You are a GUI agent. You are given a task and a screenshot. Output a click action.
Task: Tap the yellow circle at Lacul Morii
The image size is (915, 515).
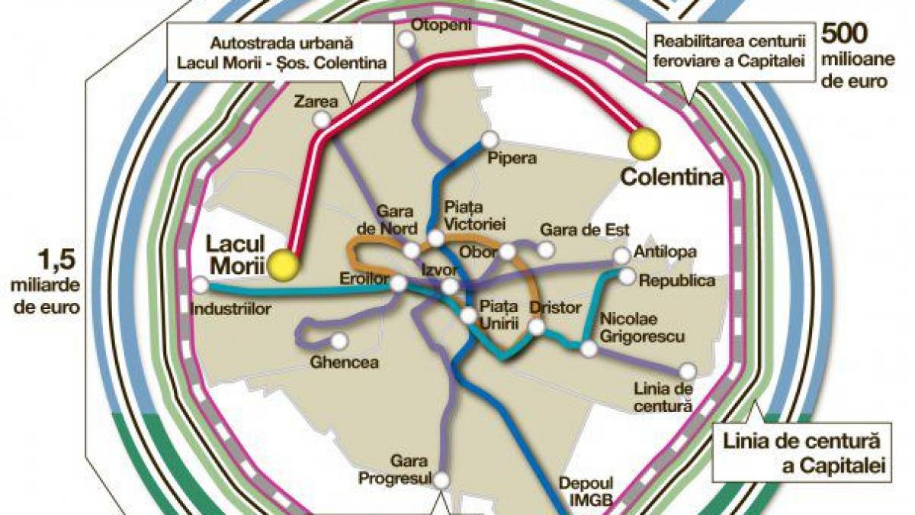click(284, 263)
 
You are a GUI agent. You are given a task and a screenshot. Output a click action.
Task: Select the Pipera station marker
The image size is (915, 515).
click(489, 140)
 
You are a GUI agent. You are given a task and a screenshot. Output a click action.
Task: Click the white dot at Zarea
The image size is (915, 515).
click(323, 119)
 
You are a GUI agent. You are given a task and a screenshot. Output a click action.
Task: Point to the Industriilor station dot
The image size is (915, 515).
click(201, 285)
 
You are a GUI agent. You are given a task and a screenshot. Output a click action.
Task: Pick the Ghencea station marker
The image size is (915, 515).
click(337, 340)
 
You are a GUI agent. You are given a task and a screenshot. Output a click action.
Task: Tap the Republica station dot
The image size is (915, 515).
click(627, 277)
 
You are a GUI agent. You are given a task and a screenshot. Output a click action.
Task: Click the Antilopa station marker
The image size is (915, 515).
click(621, 255)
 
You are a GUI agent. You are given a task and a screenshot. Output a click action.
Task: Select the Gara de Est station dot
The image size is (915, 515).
click(544, 249)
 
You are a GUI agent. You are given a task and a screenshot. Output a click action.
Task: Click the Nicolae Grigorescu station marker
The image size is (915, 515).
click(589, 349)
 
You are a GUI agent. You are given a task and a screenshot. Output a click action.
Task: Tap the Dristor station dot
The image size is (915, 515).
click(537, 328)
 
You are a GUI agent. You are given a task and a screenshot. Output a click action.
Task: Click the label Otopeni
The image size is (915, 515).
click(441, 24)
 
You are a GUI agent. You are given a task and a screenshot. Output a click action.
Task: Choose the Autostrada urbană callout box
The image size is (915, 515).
click(280, 53)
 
